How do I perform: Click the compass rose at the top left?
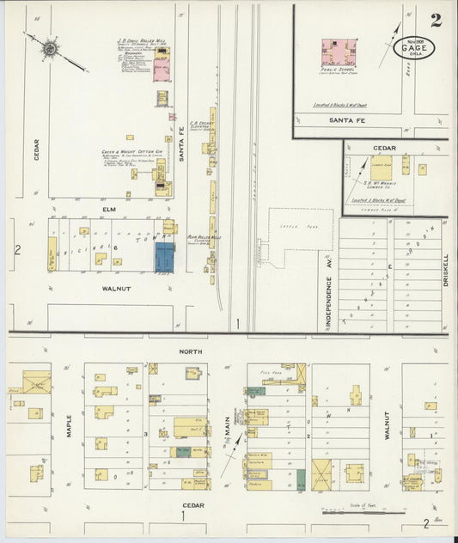coord(50,50)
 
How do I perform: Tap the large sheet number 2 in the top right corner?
coord(437,21)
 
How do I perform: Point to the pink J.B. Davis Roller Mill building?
coord(162,70)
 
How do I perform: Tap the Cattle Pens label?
coord(289,226)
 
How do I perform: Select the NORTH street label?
coord(190,351)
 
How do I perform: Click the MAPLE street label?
coord(70,427)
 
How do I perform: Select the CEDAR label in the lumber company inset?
coord(384,148)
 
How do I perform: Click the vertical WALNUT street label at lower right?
coord(388,426)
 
